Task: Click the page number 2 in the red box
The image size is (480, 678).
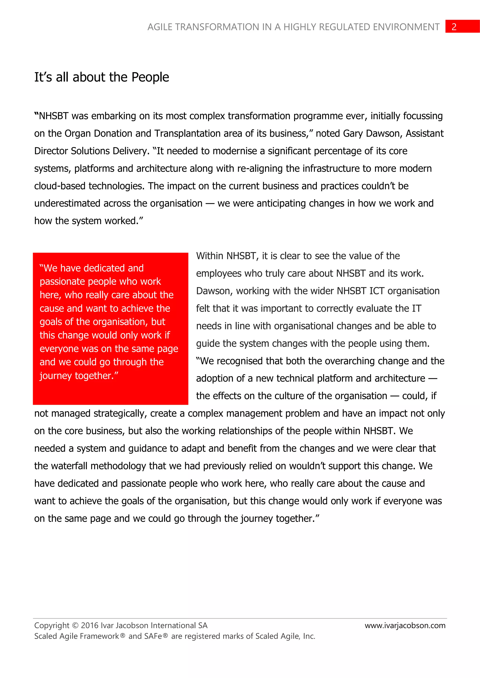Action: [x=454, y=27]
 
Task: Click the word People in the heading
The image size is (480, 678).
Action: [x=150, y=77]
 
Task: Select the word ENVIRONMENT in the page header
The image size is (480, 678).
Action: [x=406, y=27]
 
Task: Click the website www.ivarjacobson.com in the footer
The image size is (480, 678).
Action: [x=405, y=625]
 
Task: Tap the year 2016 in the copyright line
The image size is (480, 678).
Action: [x=90, y=625]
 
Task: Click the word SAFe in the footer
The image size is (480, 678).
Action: [x=153, y=636]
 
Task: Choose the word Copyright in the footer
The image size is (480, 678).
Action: [x=52, y=625]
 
